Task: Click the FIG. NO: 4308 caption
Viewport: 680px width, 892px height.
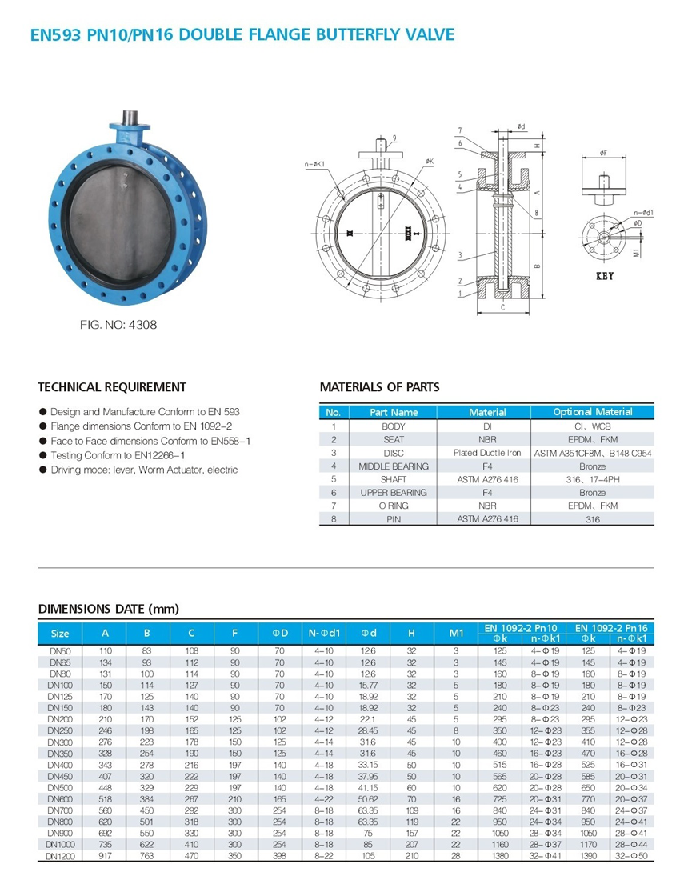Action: coord(118,325)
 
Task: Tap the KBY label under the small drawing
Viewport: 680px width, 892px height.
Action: coord(605,276)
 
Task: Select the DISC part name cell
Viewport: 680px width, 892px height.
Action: coord(394,453)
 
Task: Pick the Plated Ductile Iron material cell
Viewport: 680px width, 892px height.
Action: coord(487,453)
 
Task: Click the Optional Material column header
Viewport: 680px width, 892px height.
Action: coord(592,412)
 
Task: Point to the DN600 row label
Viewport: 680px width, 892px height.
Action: coord(61,798)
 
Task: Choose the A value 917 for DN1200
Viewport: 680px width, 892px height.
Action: coord(106,855)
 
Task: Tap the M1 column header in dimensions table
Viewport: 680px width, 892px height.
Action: coord(456,633)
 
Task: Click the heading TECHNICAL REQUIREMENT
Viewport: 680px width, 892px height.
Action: coord(112,387)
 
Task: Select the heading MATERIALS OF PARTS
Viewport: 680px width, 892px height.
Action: coord(379,387)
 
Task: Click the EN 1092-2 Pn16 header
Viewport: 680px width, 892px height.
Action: coord(611,628)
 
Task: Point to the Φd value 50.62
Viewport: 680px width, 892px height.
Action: coord(368,798)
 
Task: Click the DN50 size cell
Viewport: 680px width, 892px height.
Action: coord(60,650)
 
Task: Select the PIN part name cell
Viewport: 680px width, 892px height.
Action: coord(394,519)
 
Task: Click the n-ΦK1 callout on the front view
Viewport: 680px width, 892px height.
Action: coord(314,165)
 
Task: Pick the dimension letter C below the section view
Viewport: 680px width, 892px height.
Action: coord(503,308)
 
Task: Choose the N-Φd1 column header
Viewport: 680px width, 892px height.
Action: coord(324,633)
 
